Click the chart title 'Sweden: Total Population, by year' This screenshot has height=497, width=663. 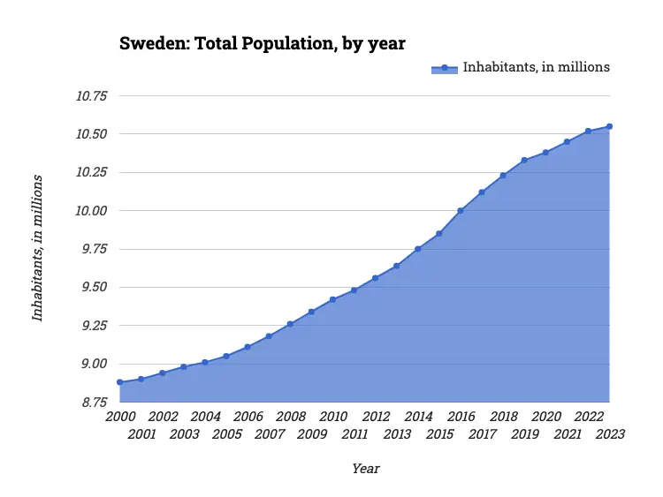click(262, 42)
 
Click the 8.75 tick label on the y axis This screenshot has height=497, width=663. click(92, 403)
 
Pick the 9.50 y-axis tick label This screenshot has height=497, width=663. click(92, 288)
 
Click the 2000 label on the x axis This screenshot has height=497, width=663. click(119, 417)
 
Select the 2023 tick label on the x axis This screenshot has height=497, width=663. click(610, 434)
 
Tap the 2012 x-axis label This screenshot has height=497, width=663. click(376, 417)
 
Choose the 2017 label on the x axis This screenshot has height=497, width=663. click(482, 434)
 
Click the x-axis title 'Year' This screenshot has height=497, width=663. click(365, 469)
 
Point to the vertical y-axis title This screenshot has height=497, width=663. click(37, 248)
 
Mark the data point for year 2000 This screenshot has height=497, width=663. click(119, 382)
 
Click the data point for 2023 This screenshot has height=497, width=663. click(610, 126)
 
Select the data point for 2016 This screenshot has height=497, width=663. click(461, 211)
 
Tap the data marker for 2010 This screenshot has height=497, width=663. click(332, 300)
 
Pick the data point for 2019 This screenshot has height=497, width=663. click(524, 160)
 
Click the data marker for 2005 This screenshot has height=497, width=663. click(226, 357)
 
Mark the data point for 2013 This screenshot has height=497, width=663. click(397, 266)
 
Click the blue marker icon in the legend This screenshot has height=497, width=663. click(445, 67)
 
